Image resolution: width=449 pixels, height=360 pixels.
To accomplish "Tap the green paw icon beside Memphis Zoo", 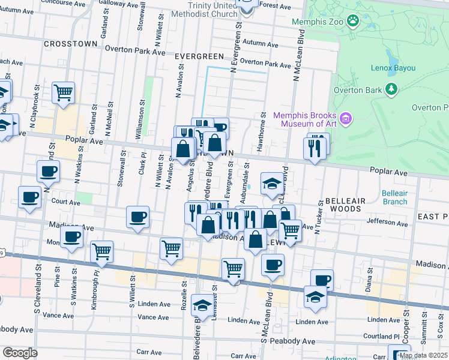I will click(x=354, y=22).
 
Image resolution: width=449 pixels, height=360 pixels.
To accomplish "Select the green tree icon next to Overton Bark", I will click(x=391, y=89).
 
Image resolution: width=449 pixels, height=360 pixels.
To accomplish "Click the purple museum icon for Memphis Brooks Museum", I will click(x=346, y=118).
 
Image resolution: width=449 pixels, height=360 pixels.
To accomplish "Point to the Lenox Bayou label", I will click(x=393, y=68).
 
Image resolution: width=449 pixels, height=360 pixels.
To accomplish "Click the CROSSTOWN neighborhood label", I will click(x=67, y=45).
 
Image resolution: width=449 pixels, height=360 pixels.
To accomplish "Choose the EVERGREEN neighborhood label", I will click(x=199, y=56).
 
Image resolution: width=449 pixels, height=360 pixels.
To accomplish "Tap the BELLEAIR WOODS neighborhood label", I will click(x=343, y=204).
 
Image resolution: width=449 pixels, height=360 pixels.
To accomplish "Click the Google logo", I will click(x=20, y=352).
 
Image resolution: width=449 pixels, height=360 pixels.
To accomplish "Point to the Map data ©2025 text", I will click(x=423, y=355).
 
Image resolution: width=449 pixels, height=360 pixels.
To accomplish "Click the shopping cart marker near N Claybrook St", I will click(x=63, y=92).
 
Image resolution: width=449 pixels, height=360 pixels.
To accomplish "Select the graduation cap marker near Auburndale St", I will click(x=272, y=182).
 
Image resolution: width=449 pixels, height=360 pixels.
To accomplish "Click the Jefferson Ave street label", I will click(x=384, y=221).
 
